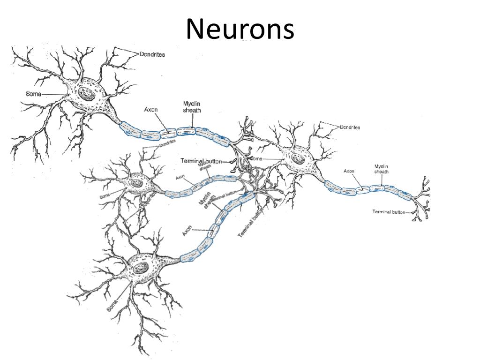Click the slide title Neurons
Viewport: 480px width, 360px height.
[x=240, y=29]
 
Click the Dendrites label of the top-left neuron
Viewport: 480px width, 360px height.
[x=152, y=54]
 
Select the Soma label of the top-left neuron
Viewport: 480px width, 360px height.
[x=33, y=94]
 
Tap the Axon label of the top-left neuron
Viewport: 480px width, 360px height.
[x=150, y=110]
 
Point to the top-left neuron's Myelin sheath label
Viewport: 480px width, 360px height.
[x=192, y=106]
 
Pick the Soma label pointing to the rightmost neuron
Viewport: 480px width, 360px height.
[x=256, y=159]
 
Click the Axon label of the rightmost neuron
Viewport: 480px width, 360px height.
[x=349, y=171]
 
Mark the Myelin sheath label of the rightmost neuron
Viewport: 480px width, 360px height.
[x=381, y=169]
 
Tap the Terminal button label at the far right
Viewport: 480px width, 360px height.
[x=389, y=212]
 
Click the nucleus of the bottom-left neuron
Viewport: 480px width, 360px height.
[x=140, y=269]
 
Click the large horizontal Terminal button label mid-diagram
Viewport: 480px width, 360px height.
[x=201, y=161]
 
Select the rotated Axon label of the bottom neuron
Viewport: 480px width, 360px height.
[x=187, y=231]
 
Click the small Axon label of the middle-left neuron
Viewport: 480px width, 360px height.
[x=180, y=177]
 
